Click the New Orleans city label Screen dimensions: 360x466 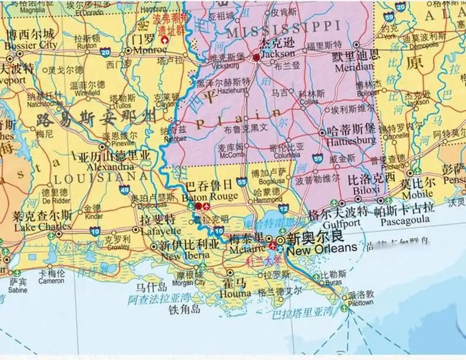tap(322, 247)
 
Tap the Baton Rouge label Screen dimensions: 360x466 tap(210, 196)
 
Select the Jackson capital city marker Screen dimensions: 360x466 tap(256, 58)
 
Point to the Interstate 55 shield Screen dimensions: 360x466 tap(242, 181)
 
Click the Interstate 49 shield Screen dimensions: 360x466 tap(125, 190)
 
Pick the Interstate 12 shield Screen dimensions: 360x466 tap(283, 208)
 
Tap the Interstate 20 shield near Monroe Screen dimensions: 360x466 tap(105, 53)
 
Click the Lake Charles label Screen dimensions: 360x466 tap(42, 226)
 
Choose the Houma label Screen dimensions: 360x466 tap(235, 293)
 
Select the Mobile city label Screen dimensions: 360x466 tap(418, 195)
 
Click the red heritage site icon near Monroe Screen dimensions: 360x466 tap(166, 40)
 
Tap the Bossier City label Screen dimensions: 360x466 tap(30, 45)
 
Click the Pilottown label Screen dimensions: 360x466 tap(361, 302)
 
